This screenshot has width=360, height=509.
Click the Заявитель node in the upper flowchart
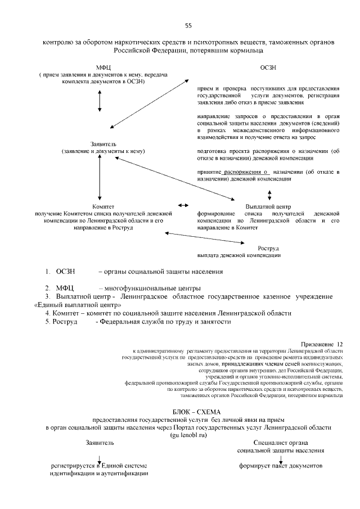(103, 144)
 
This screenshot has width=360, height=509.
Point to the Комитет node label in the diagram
(103, 206)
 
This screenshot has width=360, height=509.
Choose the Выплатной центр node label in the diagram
(268, 206)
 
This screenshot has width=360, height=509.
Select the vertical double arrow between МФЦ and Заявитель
(100, 100)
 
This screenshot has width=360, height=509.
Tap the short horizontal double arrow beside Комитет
(183, 206)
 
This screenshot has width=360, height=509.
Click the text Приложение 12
(322, 343)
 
